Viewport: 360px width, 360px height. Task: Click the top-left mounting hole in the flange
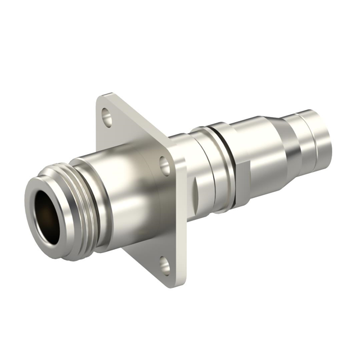tap(107, 119)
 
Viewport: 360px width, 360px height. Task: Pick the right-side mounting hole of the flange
tap(164, 165)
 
